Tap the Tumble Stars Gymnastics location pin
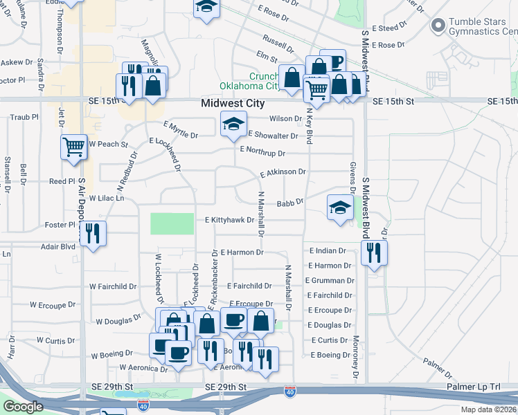pyautogui.click(x=437, y=26)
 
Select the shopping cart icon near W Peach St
pyautogui.click(x=73, y=146)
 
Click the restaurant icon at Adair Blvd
pyautogui.click(x=93, y=233)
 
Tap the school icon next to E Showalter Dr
pyautogui.click(x=233, y=124)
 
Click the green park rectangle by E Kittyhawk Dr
pyautogui.click(x=172, y=223)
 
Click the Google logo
pyautogui.click(x=23, y=407)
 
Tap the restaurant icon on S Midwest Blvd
pyautogui.click(x=374, y=254)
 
